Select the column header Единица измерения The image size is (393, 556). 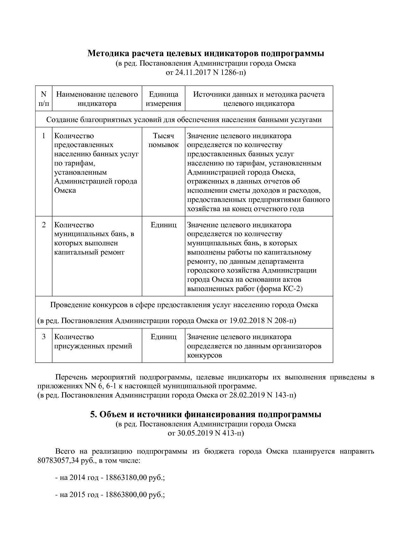164,99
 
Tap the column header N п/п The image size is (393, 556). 44,99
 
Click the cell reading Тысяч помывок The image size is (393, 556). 164,140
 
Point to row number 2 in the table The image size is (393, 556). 44,225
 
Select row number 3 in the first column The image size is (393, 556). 44,337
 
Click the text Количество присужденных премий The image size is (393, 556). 93,341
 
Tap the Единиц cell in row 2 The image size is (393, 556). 164,225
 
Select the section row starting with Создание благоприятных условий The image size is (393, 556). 184,120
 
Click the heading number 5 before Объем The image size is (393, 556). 93,415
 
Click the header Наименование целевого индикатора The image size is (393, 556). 97,99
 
